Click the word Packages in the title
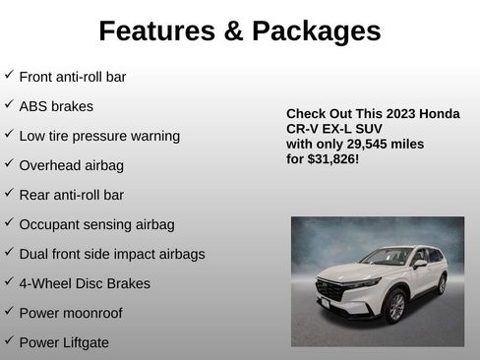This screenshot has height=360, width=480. (318, 31)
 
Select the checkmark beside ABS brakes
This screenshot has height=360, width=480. (9, 103)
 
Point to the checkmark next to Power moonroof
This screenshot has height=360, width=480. (9, 311)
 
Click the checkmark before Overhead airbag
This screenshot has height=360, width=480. (9, 162)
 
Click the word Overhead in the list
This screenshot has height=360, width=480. (49, 164)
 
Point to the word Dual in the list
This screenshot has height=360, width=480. (33, 254)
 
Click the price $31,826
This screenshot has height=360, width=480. (331, 158)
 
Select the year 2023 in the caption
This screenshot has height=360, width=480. (401, 114)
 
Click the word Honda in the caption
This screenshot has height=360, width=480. (440, 114)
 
